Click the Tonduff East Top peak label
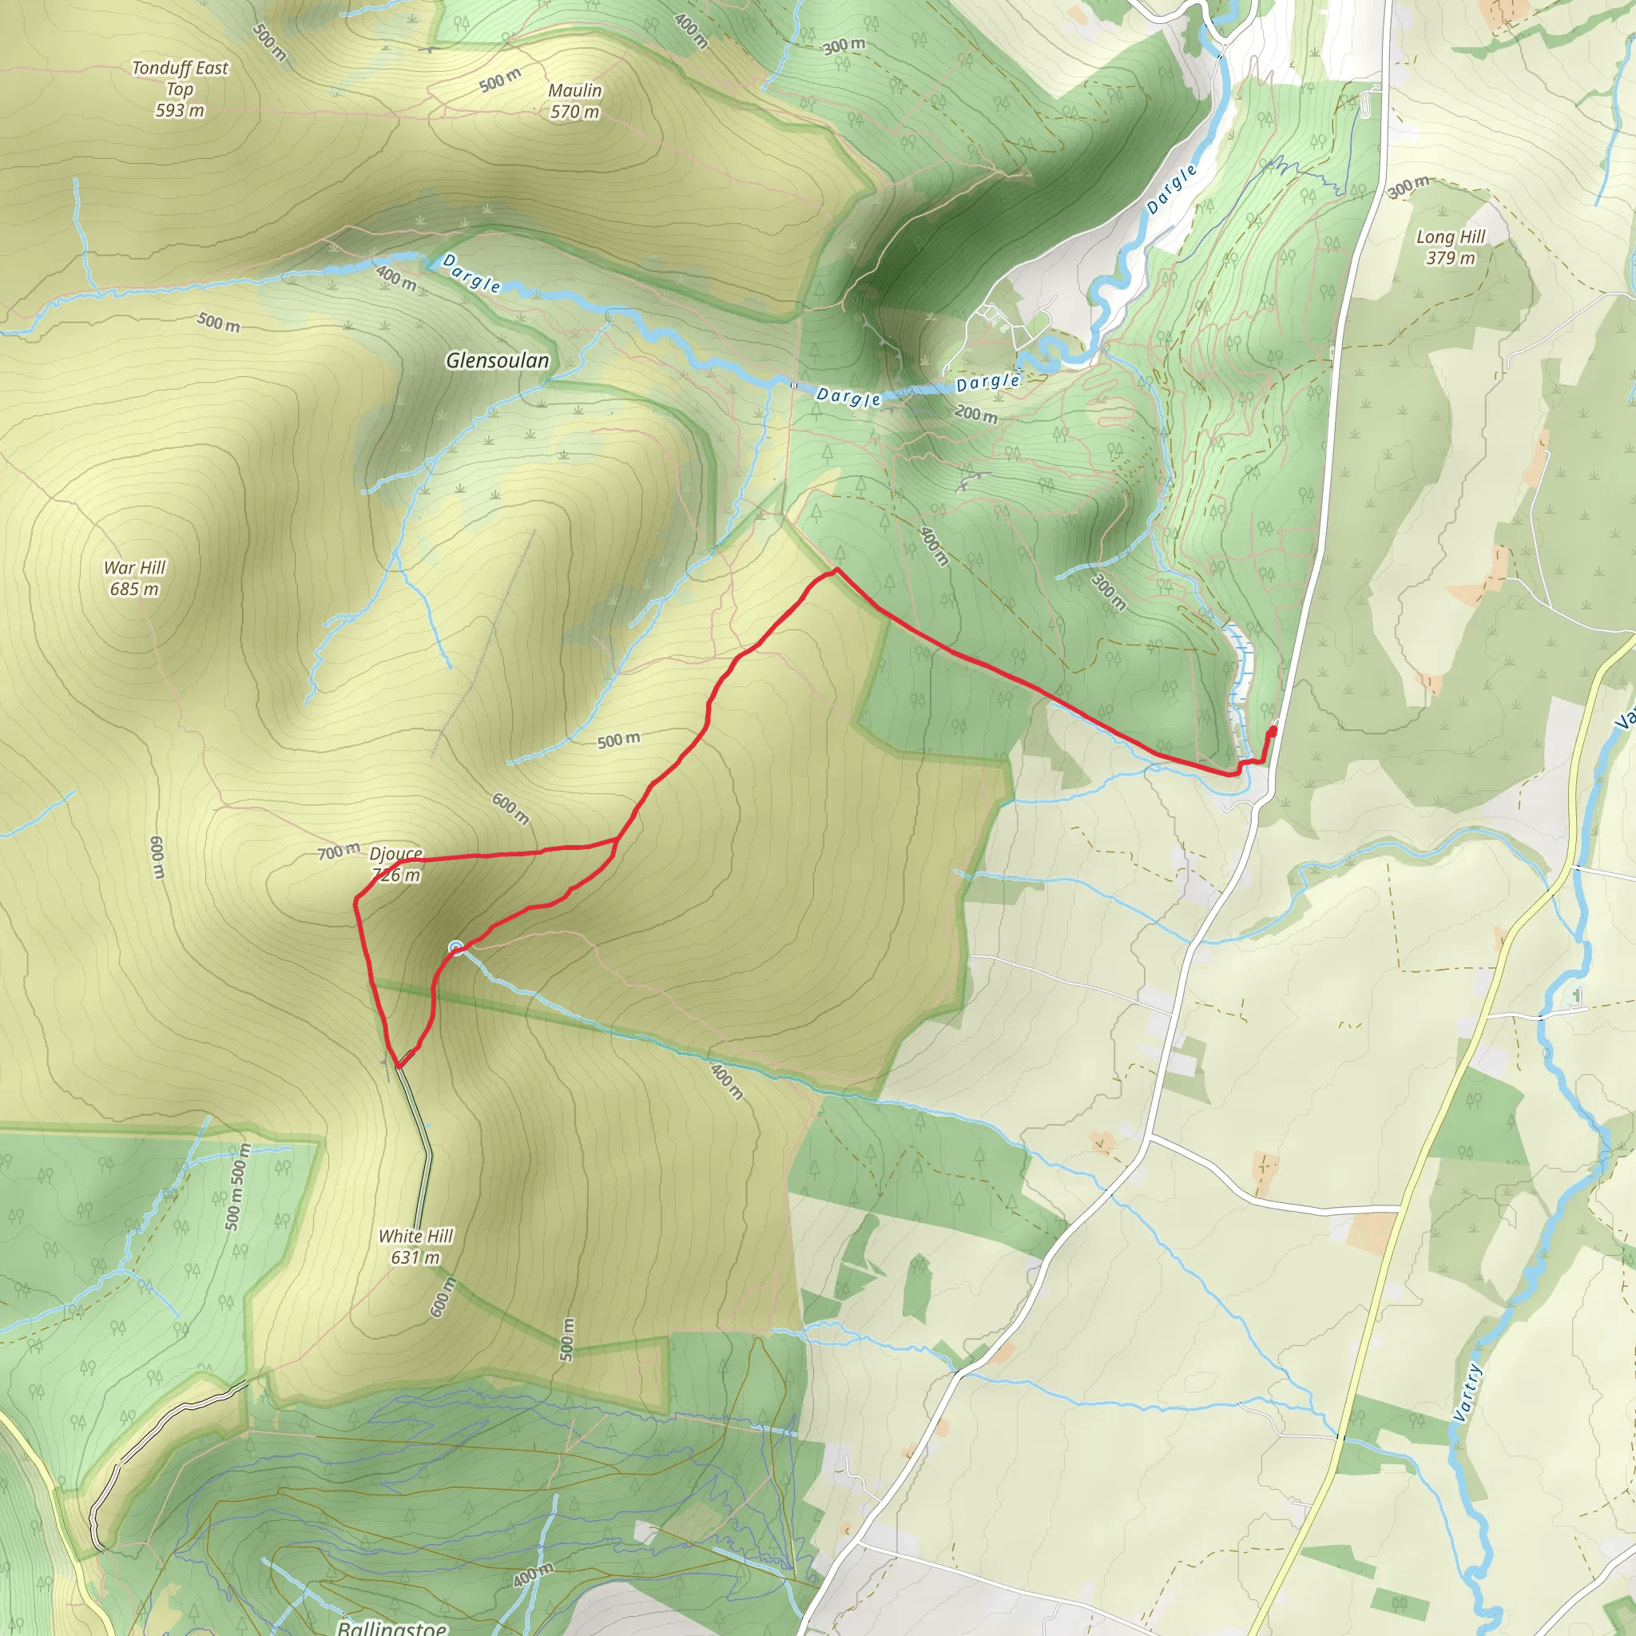(180, 89)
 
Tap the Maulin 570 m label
(575, 101)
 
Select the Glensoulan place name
(497, 361)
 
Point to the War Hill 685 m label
(135, 578)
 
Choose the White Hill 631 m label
(415, 1246)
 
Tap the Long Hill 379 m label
(1450, 248)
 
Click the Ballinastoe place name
(392, 1626)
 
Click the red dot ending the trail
(1273, 731)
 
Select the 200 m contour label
(975, 414)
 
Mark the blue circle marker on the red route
(456, 947)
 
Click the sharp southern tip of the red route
(396, 1066)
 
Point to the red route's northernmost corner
(836, 570)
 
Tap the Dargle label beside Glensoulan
(471, 273)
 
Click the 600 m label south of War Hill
(157, 857)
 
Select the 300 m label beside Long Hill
(1408, 187)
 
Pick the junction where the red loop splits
(616, 840)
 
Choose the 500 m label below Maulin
(499, 81)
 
